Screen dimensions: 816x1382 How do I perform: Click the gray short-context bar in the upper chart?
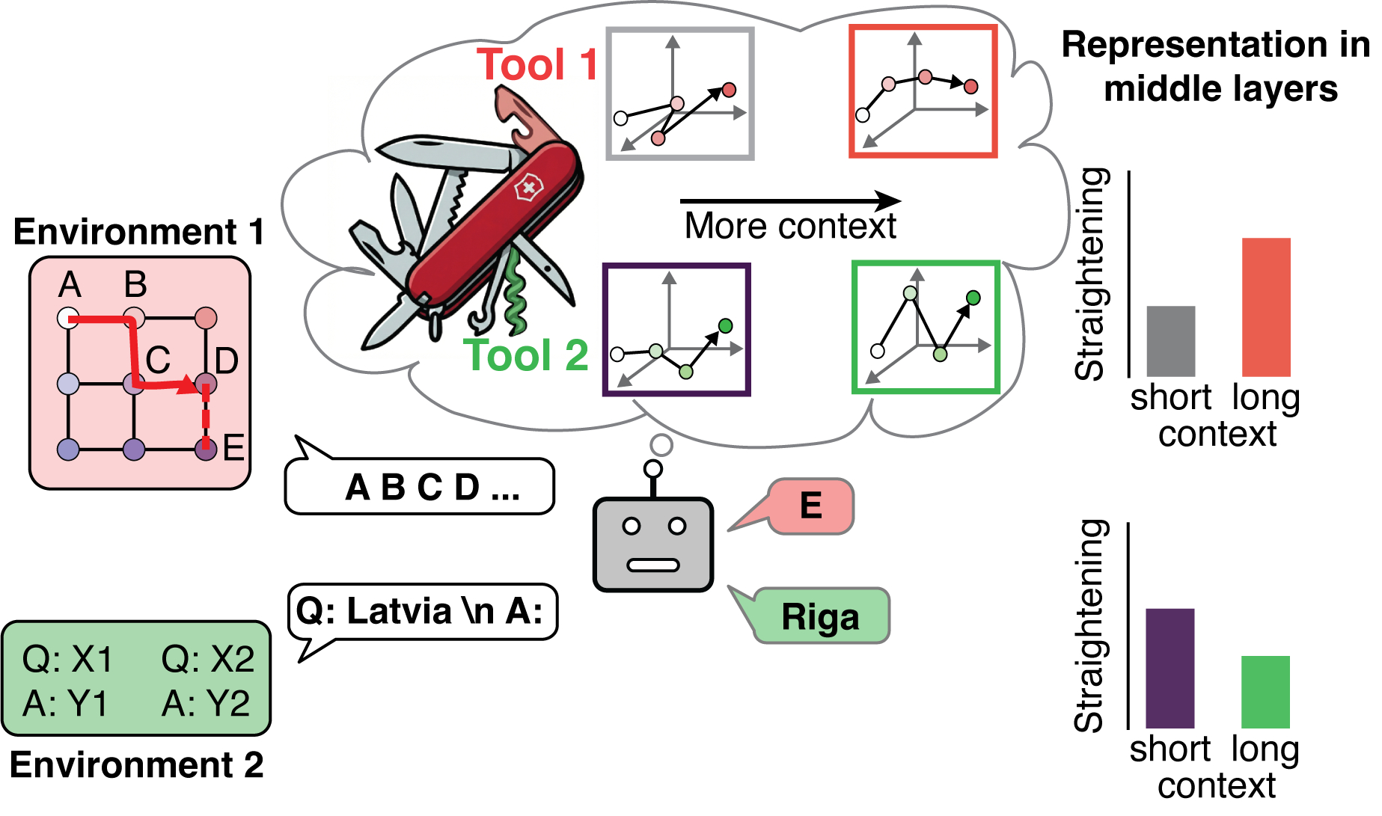[1170, 340]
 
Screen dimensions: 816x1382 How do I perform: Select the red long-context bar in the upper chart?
[1266, 307]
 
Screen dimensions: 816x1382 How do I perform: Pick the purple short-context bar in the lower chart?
[1169, 668]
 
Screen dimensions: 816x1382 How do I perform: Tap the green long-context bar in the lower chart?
[1265, 692]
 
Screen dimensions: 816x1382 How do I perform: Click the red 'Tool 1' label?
[537, 64]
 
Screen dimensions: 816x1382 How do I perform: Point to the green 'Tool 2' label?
[525, 355]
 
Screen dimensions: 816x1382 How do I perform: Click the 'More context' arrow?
[789, 200]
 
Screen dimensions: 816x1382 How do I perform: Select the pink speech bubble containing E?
[811, 506]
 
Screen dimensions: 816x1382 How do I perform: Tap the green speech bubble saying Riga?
[821, 616]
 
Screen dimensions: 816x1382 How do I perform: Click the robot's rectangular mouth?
[652, 565]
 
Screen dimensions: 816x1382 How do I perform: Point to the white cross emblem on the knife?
[528, 188]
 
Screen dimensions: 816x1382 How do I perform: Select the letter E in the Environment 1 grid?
[233, 448]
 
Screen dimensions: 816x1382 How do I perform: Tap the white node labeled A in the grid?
[68, 317]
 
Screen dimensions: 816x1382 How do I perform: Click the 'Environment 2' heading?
[137, 765]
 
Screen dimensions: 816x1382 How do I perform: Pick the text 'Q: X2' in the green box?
[207, 659]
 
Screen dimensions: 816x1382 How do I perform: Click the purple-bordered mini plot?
[676, 329]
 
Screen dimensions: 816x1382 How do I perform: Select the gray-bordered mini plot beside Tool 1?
[679, 93]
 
